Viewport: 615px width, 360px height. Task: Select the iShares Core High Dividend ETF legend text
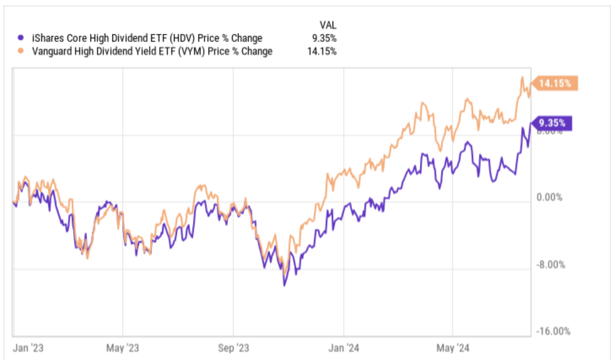coord(147,38)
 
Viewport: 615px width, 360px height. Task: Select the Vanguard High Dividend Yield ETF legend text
coord(152,51)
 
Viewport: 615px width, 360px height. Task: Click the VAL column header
coord(328,25)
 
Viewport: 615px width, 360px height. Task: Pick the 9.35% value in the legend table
coord(324,38)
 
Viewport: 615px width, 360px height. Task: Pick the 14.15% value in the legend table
coord(322,51)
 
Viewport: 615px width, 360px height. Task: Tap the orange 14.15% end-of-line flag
coord(555,83)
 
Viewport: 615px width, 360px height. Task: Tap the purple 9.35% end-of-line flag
coord(552,123)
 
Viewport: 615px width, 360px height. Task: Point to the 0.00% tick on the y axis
coord(549,197)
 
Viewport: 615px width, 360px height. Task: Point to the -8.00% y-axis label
coord(550,265)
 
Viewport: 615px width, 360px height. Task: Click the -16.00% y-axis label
coord(553,331)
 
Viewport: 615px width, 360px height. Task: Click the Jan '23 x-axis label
coord(28,348)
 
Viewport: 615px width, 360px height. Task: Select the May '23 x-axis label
coord(122,348)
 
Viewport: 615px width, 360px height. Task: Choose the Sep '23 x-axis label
coord(233,348)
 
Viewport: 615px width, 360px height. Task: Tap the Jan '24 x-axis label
coord(343,348)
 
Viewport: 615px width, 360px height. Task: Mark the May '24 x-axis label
coord(453,348)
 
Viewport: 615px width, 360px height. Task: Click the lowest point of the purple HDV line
coord(284,285)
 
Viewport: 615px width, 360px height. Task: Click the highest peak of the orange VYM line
coord(522,77)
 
